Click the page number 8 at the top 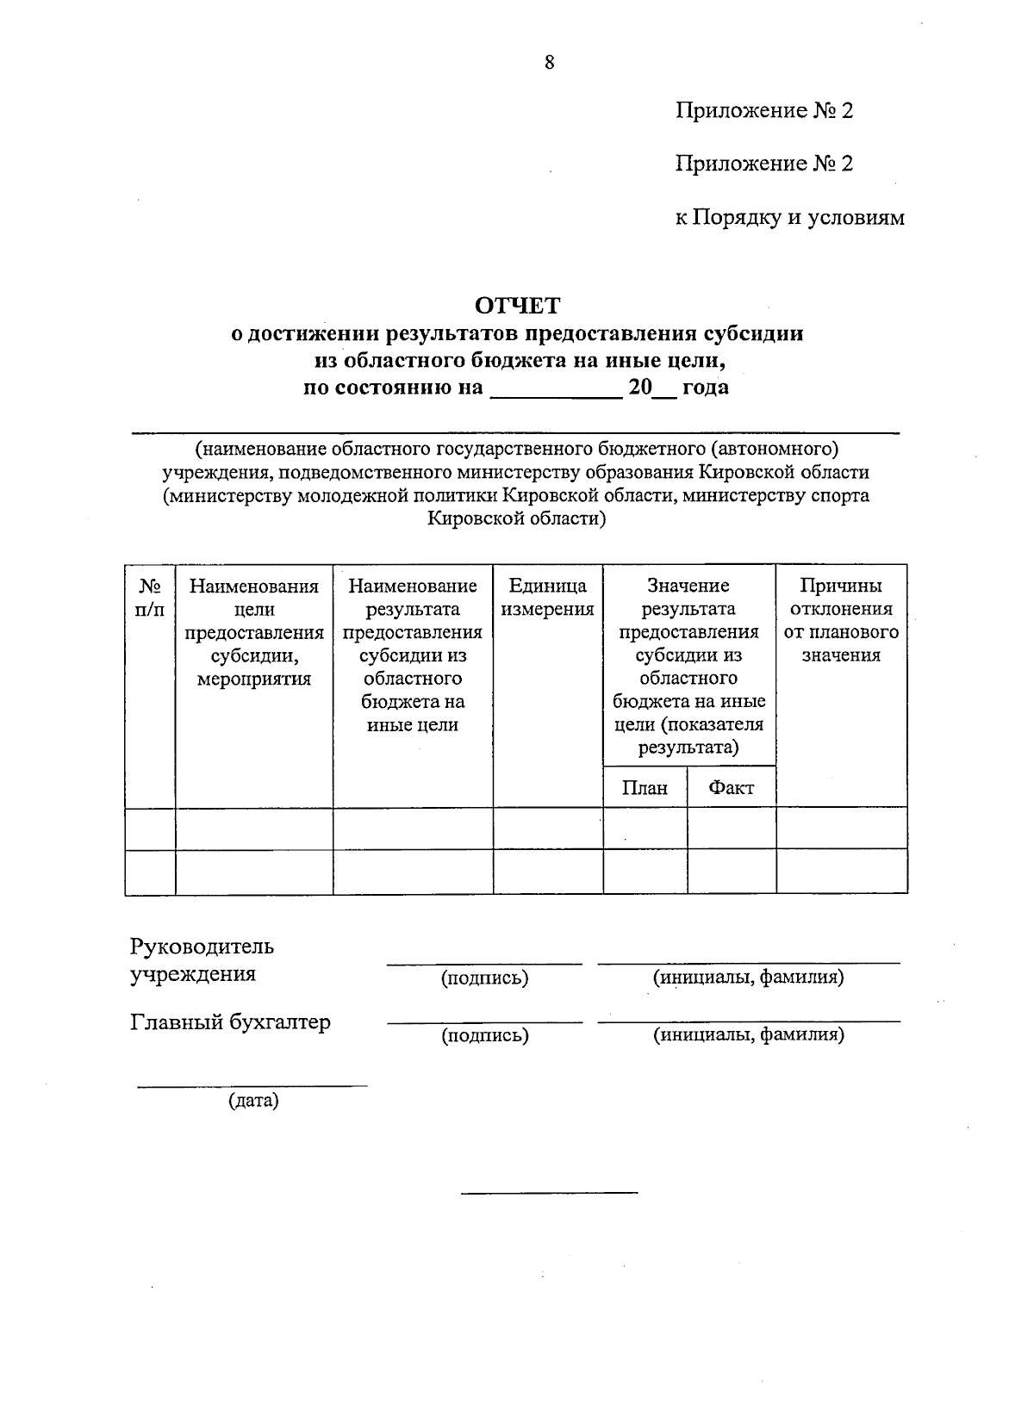pyautogui.click(x=549, y=62)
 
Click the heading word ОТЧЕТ pyautogui.click(x=517, y=305)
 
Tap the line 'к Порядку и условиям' pyautogui.click(x=789, y=218)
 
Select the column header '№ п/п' pyautogui.click(x=151, y=598)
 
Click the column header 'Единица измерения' pyautogui.click(x=547, y=598)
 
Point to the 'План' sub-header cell pyautogui.click(x=645, y=787)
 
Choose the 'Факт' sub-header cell pyautogui.click(x=731, y=787)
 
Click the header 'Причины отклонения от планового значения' pyautogui.click(x=841, y=620)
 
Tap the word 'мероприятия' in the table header pyautogui.click(x=254, y=679)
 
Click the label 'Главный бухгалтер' pyautogui.click(x=230, y=1022)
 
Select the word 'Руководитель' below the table pyautogui.click(x=202, y=947)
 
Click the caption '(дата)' pyautogui.click(x=253, y=1101)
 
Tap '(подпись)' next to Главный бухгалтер pyautogui.click(x=484, y=1035)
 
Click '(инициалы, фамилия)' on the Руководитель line pyautogui.click(x=748, y=978)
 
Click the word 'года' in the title pyautogui.click(x=705, y=388)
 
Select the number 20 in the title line pyautogui.click(x=639, y=388)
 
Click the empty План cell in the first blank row pyautogui.click(x=645, y=828)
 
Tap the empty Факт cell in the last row pyautogui.click(x=731, y=872)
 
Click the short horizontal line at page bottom pyautogui.click(x=549, y=1193)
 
